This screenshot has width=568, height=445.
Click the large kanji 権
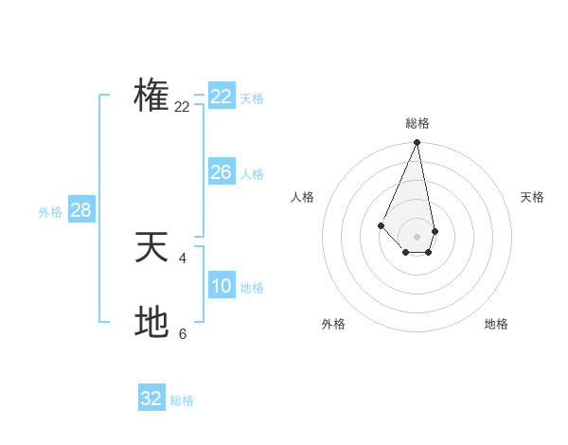151,95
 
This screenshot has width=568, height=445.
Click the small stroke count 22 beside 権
182,107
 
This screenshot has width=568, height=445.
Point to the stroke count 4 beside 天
182,258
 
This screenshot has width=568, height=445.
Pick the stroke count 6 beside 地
182,333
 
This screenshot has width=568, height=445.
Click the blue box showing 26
221,172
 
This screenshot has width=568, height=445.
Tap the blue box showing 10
221,286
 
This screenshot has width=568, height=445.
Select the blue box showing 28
80,210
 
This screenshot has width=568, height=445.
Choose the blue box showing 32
151,399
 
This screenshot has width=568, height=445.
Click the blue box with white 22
221,97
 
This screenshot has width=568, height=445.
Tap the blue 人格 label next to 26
252,174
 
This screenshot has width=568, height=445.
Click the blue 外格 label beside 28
50,212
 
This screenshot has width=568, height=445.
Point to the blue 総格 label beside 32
182,400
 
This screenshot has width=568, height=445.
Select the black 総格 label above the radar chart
417,123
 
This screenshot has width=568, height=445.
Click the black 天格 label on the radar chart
533,197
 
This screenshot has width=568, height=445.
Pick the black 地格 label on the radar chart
496,324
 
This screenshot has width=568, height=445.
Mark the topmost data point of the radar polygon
417,143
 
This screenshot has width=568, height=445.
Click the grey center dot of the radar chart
417,237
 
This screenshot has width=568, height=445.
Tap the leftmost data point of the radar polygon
381,224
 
